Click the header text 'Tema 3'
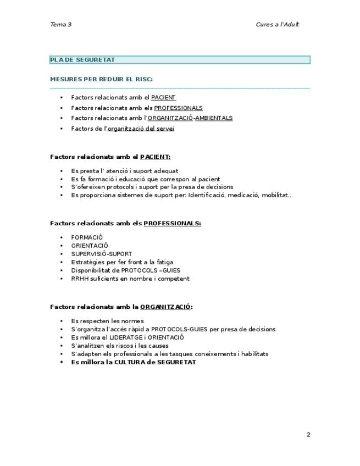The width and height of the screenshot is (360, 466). [x=60, y=24]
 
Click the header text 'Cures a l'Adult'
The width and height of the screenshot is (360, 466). [x=277, y=24]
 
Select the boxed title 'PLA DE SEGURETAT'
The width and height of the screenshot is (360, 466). [x=82, y=60]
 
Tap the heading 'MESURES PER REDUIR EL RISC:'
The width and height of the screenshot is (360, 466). [x=101, y=79]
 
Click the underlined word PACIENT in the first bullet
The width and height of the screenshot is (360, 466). [x=163, y=98]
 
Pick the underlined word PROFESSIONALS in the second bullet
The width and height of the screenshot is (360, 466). [x=178, y=108]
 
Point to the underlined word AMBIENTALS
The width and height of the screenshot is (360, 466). [x=214, y=118]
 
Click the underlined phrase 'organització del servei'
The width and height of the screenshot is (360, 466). [x=141, y=129]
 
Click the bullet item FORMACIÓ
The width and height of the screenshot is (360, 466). [x=87, y=237]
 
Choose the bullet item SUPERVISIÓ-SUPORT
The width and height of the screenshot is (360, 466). [x=101, y=254]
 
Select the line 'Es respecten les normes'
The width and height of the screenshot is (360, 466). [x=107, y=321]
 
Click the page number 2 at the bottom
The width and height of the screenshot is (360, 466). [x=308, y=435]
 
